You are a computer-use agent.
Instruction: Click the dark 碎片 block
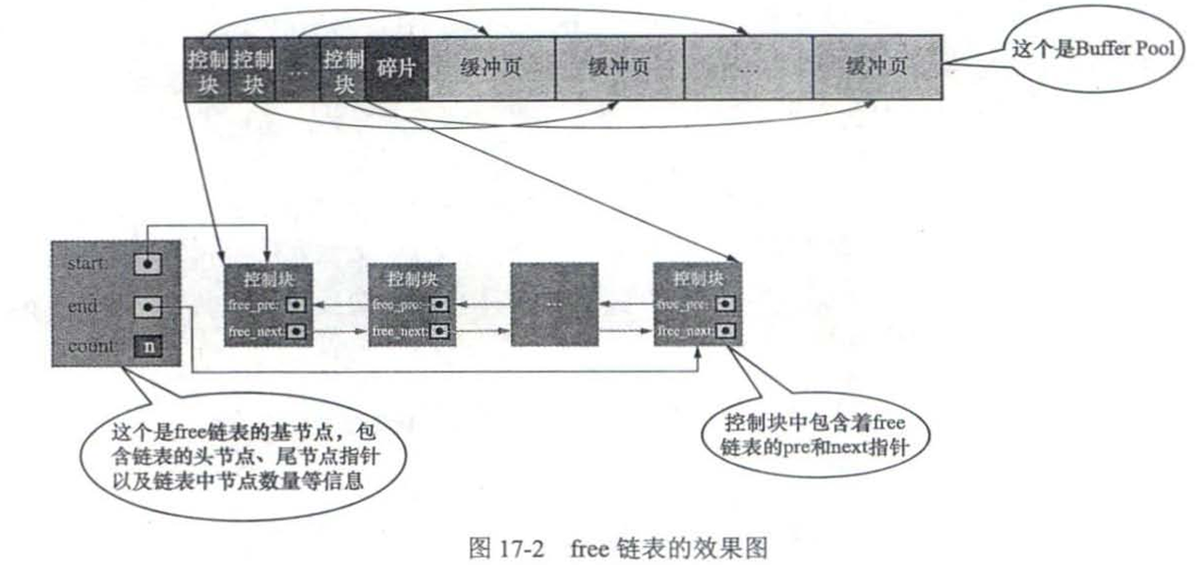pos(397,69)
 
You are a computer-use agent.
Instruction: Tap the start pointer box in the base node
pos(147,264)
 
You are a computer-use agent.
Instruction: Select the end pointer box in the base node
pos(147,306)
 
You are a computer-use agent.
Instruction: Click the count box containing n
pos(147,347)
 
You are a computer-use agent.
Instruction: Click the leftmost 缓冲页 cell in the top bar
pos(491,69)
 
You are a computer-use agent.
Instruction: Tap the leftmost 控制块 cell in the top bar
pos(207,69)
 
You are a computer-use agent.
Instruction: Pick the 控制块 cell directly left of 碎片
pos(343,69)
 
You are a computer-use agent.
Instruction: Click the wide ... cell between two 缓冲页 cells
pos(748,69)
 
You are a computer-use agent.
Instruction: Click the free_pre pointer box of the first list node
pos(295,305)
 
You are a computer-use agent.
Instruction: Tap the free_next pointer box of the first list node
pos(295,331)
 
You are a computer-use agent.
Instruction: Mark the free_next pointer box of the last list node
pos(726,331)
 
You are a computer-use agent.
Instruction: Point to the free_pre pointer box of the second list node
pos(439,305)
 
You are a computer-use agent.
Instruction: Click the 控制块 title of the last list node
pos(699,279)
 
